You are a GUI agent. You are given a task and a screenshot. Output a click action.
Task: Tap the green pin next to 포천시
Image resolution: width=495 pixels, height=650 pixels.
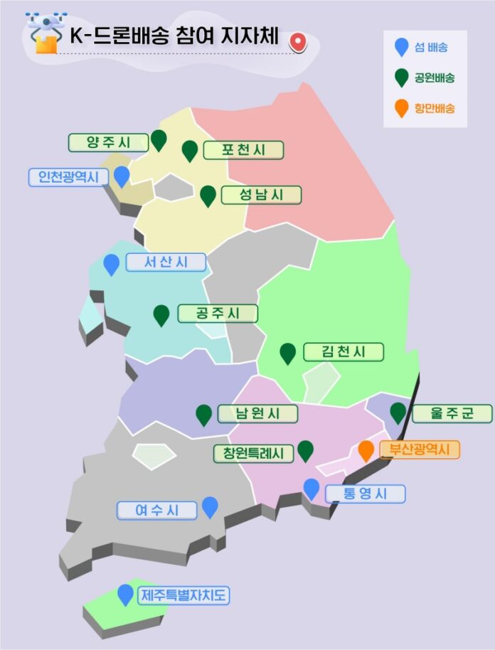coord(189,150)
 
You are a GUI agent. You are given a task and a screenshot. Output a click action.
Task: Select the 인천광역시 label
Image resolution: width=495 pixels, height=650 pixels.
coord(68,176)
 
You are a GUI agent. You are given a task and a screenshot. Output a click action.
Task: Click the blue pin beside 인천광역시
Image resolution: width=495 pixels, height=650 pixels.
coord(122,175)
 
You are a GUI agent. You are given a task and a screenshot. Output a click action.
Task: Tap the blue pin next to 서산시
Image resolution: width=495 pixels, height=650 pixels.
coord(111,264)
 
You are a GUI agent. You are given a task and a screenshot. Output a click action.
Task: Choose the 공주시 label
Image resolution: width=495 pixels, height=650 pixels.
coord(217,314)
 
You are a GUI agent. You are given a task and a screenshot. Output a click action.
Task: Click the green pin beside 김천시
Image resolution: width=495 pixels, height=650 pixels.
coord(287,353)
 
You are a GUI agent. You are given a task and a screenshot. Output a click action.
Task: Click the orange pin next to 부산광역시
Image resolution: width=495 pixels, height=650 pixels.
coord(366,450)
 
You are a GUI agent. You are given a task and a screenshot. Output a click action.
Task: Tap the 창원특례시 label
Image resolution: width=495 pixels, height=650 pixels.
coord(254,453)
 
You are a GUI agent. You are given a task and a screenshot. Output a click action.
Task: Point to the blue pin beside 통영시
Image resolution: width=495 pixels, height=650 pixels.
coord(312,489)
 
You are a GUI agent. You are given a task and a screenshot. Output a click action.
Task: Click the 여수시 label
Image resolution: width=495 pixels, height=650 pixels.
coord(156,510)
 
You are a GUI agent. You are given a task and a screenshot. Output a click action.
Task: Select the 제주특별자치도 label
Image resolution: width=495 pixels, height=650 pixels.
coord(183,595)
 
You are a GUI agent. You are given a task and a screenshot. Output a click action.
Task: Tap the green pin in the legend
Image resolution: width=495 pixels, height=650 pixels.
coord(402,77)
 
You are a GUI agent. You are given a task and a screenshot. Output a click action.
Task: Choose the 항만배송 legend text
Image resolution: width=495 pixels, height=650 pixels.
coord(435,109)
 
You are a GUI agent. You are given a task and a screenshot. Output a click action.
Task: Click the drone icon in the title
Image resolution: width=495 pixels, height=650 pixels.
coord(44,33)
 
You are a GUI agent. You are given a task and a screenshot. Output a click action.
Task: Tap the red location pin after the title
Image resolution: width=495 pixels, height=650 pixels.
coord(298,43)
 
